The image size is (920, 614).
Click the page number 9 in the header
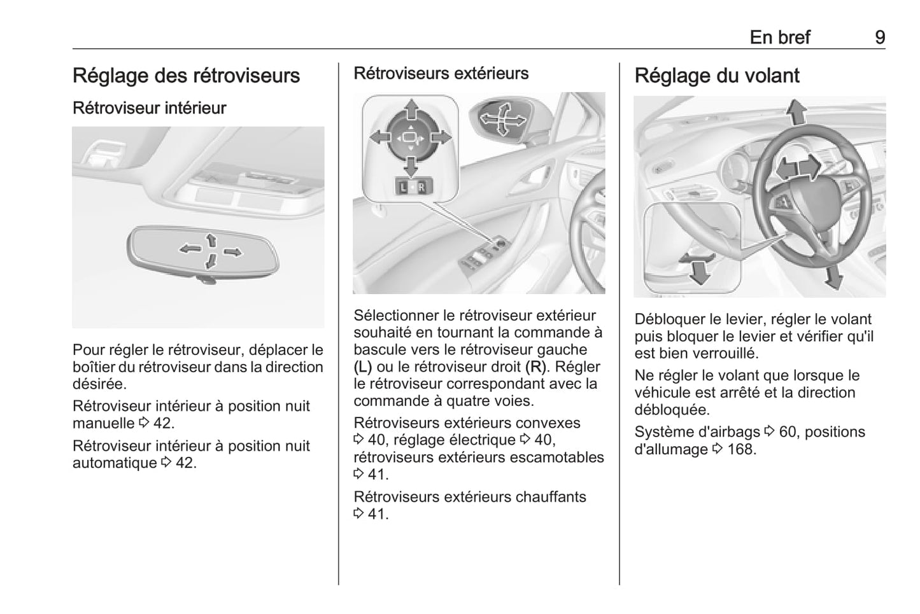click(x=879, y=37)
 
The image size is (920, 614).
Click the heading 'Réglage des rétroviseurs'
click(x=186, y=75)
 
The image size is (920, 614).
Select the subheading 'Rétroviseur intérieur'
click(x=149, y=108)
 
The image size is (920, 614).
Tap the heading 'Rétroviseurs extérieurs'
click(x=441, y=73)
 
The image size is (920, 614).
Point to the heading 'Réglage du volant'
click(x=716, y=75)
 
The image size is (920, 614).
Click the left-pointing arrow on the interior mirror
click(x=189, y=248)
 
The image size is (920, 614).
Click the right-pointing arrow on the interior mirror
click(x=234, y=252)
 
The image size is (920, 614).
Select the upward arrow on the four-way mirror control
click(x=411, y=109)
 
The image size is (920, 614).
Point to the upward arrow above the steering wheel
click(x=795, y=112)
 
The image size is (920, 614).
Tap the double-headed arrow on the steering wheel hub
click(x=798, y=169)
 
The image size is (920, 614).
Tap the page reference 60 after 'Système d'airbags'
click(x=788, y=431)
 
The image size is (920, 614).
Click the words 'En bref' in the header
click(x=779, y=37)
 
